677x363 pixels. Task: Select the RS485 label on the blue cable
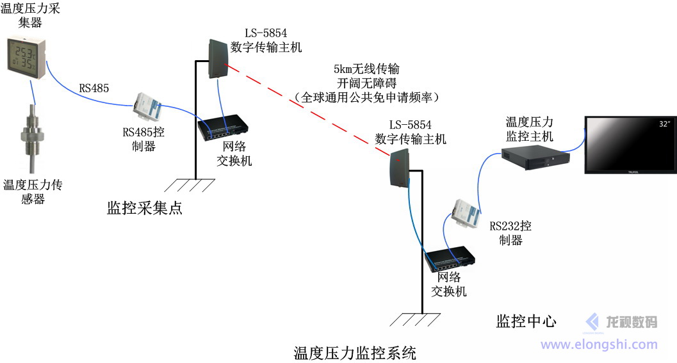coord(94,89)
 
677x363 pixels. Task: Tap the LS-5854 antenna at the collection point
coord(218,58)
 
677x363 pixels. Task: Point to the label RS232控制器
coord(510,233)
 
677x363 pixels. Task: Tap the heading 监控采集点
coord(145,207)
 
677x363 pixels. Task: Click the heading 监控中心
coord(526,321)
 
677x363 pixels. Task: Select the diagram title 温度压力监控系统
coord(355,353)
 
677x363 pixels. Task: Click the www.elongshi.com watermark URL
coord(599,344)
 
